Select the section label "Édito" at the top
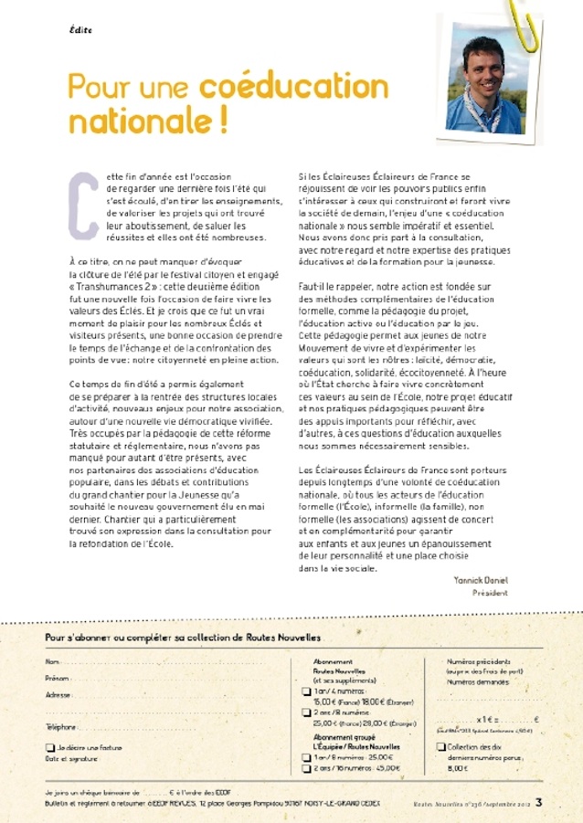80,30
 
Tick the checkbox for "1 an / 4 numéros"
306,691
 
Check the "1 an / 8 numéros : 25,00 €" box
306,757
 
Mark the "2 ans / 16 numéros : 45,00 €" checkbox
306,769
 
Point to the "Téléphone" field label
61,726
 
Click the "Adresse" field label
58,695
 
